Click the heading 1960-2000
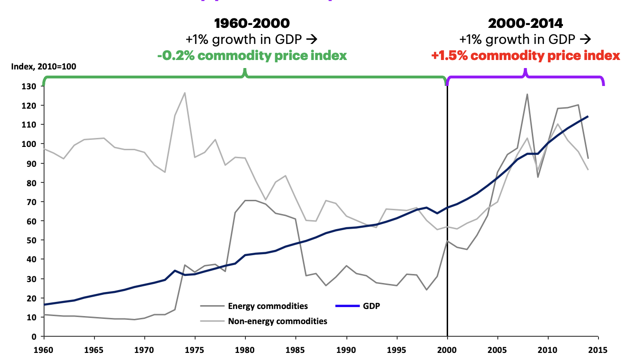pos(251,23)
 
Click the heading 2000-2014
pos(525,23)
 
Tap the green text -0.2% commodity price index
pos(252,56)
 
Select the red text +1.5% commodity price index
pos(525,56)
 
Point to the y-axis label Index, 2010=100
pos(43,67)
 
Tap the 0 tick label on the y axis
pos(35,336)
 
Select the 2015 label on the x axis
pos(598,351)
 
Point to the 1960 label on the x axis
pos(44,351)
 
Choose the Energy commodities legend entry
pos(268,306)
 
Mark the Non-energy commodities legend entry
pos(277,321)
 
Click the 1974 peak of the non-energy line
pos(185,93)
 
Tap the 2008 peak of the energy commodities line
pos(528,94)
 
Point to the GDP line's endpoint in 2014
pos(588,116)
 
